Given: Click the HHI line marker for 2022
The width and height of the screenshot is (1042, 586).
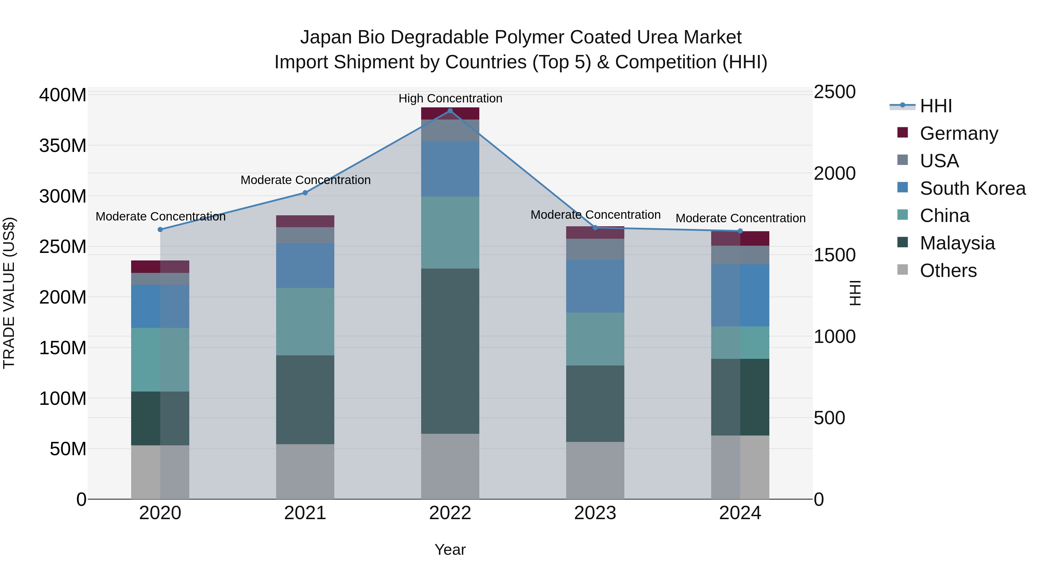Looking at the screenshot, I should click(x=450, y=111).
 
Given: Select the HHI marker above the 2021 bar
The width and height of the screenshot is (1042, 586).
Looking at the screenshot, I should click(x=305, y=193).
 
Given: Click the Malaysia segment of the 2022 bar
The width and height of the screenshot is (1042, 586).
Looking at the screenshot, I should click(x=450, y=351).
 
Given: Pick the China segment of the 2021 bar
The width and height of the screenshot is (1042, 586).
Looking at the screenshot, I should click(x=305, y=322).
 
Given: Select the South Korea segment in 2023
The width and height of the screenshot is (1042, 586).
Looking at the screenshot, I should click(x=595, y=286).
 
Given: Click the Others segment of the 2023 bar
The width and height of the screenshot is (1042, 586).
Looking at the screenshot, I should click(x=595, y=470).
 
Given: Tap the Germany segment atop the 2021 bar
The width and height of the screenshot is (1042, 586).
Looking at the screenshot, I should click(x=305, y=221).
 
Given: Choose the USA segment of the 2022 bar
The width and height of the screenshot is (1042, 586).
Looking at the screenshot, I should click(x=450, y=130).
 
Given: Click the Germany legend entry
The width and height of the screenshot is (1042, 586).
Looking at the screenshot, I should click(x=959, y=133).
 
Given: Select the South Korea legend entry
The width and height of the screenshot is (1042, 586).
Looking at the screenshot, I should click(x=973, y=188).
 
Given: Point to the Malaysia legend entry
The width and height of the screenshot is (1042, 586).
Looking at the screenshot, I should click(x=957, y=243).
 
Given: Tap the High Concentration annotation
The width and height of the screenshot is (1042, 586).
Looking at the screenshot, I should click(x=450, y=99).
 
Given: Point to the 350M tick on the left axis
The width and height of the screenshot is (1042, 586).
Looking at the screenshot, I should click(x=63, y=146).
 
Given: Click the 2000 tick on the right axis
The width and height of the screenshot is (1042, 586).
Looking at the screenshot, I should click(x=834, y=174).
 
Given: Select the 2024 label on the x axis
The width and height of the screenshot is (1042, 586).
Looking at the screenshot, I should click(x=740, y=513).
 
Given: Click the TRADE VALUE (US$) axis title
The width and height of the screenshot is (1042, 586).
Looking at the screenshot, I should click(x=9, y=293).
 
